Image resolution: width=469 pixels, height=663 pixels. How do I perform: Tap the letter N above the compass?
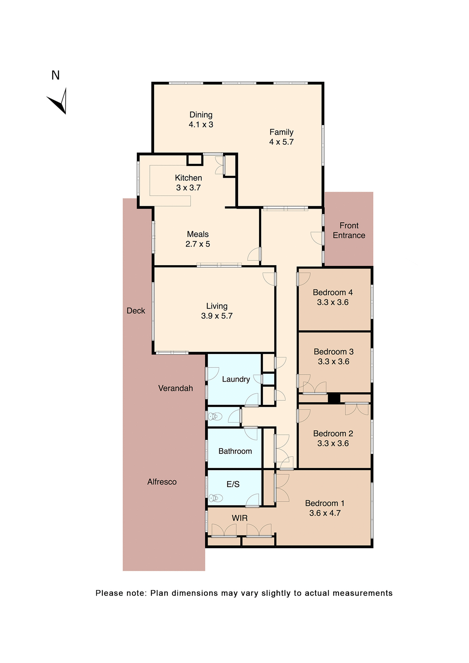coord(56,75)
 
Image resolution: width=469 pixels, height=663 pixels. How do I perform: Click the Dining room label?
coord(201,115)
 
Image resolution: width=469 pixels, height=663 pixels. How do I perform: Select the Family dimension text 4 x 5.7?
coord(281,142)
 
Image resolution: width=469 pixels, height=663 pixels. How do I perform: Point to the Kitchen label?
coord(188,178)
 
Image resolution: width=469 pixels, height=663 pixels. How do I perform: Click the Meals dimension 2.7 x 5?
coord(198,244)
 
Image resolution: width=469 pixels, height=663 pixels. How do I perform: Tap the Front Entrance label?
coord(349,230)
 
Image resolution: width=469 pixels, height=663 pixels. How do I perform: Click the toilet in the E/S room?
coord(216,498)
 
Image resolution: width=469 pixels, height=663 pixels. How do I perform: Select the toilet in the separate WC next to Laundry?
coord(215,416)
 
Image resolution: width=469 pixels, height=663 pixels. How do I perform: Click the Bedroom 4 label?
coord(333,292)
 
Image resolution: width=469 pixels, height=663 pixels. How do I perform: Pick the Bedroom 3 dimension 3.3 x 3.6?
coord(333,362)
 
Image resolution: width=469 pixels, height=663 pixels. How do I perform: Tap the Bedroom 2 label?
coord(333,433)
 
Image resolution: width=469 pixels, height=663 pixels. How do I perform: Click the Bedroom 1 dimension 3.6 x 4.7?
coord(325,513)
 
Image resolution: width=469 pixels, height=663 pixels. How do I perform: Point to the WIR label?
coord(239,518)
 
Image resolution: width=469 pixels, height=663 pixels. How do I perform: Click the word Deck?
coord(136,311)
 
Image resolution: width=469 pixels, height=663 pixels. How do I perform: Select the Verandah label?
coord(175,388)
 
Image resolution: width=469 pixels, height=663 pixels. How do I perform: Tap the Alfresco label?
coord(162,482)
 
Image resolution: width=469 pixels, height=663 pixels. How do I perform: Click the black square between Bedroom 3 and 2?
coord(334,398)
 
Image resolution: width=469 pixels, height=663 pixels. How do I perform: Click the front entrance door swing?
coord(317,238)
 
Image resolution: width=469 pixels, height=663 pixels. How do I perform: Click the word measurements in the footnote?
coord(362,593)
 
